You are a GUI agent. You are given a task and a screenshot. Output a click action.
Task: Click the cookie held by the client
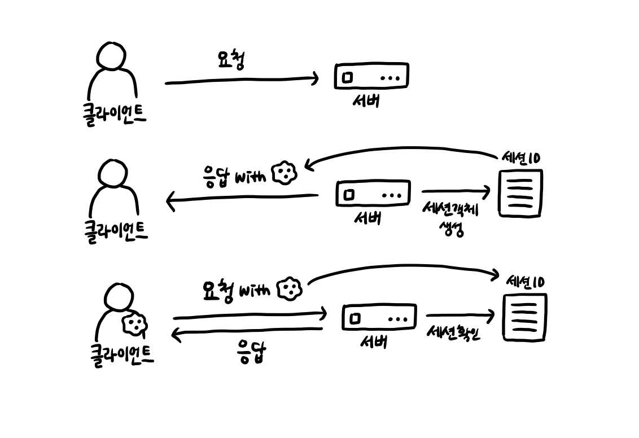[x=135, y=323]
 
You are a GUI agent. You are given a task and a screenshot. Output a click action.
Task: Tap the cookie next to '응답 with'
[x=285, y=174]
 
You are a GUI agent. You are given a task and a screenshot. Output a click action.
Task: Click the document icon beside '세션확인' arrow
[x=525, y=317]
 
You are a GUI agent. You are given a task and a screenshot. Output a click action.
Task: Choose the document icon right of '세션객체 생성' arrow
[x=520, y=192]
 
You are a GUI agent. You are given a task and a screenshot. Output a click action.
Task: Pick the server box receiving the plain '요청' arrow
[x=371, y=76]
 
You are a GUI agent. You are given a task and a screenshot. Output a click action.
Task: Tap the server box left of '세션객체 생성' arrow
[x=372, y=194]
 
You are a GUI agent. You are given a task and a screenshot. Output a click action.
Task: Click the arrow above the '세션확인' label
[x=460, y=316]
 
